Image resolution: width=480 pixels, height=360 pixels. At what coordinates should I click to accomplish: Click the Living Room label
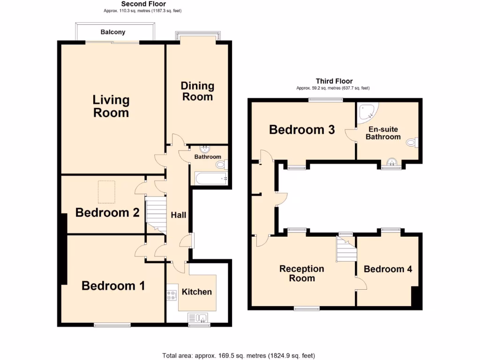(x=111, y=106)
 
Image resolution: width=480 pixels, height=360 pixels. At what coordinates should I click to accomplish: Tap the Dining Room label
(x=197, y=91)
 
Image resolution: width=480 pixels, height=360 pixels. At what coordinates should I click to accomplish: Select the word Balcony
(x=113, y=32)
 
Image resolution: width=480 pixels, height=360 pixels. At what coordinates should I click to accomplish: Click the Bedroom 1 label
(x=113, y=285)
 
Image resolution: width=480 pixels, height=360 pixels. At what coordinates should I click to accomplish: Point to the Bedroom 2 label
(x=107, y=213)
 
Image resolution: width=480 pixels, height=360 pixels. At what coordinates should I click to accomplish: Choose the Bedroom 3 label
(x=302, y=130)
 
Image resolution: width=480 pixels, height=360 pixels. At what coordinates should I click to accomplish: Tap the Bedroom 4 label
(x=388, y=269)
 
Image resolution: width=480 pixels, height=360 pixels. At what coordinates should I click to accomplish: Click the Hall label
(x=178, y=215)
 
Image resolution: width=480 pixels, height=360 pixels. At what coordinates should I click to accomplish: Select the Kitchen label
(x=196, y=292)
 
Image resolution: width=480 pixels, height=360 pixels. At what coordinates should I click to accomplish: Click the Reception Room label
(x=301, y=273)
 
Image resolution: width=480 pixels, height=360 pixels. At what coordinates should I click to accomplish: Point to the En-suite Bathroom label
(x=383, y=133)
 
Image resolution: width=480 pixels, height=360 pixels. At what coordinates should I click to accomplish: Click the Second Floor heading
(x=134, y=4)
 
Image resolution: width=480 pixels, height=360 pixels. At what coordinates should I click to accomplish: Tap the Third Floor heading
(x=334, y=81)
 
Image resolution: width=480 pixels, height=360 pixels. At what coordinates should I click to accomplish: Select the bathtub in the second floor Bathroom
(x=210, y=178)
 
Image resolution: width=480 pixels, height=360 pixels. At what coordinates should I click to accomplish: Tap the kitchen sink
(x=202, y=318)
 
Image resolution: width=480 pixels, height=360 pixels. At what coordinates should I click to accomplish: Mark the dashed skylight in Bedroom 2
(x=106, y=192)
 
